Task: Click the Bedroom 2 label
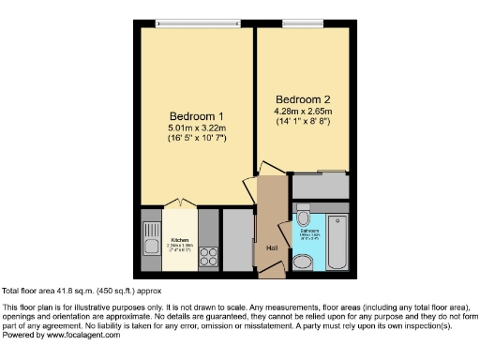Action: tap(303, 98)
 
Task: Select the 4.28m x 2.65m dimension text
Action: tap(303, 111)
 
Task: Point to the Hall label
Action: tap(273, 247)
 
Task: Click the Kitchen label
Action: tap(179, 239)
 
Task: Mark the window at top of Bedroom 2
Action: tap(303, 22)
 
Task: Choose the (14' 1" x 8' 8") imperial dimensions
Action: tap(303, 123)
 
